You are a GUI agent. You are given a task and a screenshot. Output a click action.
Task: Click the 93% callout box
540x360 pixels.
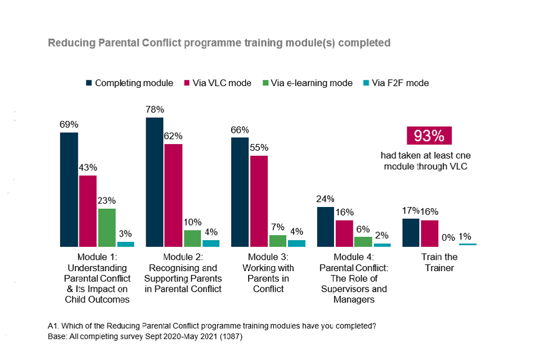pyautogui.click(x=430, y=136)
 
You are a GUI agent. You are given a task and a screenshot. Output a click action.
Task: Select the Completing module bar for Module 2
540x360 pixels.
pyautogui.click(x=155, y=182)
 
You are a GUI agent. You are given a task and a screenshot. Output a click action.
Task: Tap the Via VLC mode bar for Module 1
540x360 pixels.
pyautogui.click(x=88, y=211)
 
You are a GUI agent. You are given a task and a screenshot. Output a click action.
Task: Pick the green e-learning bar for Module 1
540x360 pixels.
pyautogui.click(x=107, y=228)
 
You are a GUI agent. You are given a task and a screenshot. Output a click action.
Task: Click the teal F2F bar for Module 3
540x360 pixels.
pyautogui.click(x=296, y=244)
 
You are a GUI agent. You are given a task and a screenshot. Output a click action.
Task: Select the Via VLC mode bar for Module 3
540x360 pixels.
pyautogui.click(x=259, y=201)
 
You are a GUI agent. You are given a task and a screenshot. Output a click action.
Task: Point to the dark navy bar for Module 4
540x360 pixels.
pyautogui.click(x=325, y=227)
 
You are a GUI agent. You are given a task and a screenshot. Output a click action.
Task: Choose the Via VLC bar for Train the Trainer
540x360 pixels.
pyautogui.click(x=430, y=233)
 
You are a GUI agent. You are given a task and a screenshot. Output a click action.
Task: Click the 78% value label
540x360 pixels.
pyautogui.click(x=154, y=111)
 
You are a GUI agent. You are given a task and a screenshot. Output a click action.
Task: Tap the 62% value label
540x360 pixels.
pyautogui.click(x=173, y=136)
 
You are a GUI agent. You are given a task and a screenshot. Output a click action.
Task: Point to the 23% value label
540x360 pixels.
pyautogui.click(x=106, y=200)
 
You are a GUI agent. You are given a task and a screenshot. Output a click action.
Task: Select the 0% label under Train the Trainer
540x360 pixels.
pyautogui.click(x=448, y=238)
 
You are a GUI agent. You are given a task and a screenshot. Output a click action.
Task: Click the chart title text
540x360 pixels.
pyautogui.click(x=219, y=43)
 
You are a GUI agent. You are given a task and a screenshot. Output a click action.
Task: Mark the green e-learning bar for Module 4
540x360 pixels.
pyautogui.click(x=363, y=241)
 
